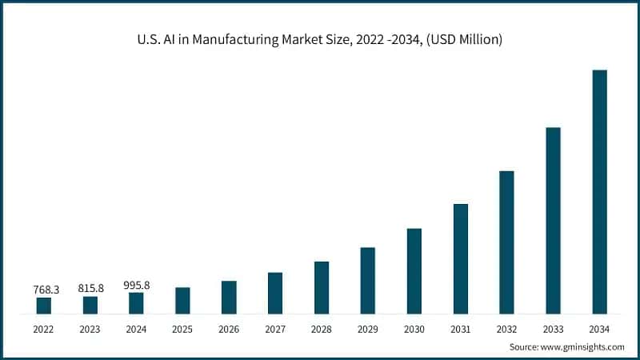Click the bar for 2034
(599, 192)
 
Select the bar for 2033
(553, 221)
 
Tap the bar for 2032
(506, 242)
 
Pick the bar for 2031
(460, 259)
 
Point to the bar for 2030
(414, 271)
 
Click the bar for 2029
(367, 281)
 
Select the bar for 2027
(275, 293)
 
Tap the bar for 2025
(182, 301)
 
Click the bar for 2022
(44, 306)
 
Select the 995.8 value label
(137, 285)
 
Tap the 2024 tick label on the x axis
(137, 329)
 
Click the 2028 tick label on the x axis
(322, 329)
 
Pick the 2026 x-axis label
(229, 329)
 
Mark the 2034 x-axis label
(599, 329)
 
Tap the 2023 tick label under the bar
(90, 329)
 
